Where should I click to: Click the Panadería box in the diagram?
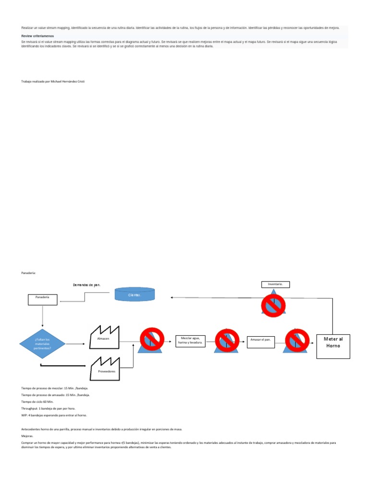[x=42, y=299]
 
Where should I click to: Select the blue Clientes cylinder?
[x=135, y=294]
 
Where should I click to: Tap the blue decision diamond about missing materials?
[x=42, y=344]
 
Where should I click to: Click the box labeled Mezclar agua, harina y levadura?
[x=190, y=341]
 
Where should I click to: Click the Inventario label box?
[x=275, y=284]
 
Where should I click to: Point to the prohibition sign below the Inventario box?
[x=273, y=303]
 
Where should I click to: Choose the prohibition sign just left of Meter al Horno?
[x=297, y=340]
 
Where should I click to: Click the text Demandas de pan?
[x=87, y=285]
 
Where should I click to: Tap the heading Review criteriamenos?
[x=37, y=36]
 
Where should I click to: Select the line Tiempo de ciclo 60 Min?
[x=37, y=401]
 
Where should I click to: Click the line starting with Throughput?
[x=48, y=408]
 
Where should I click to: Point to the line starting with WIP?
[x=53, y=415]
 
